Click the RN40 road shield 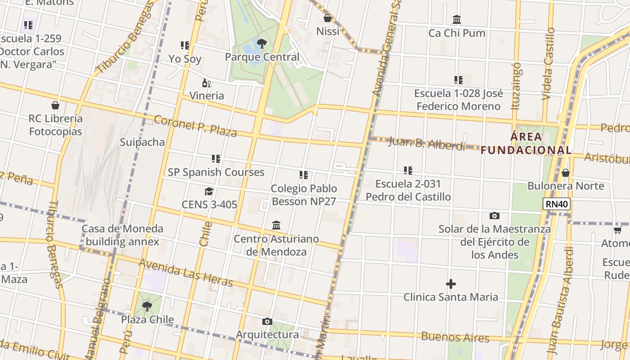[557, 204]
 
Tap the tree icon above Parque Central [261, 44]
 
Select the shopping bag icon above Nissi [328, 18]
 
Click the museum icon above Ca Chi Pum [457, 19]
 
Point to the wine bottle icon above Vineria [207, 83]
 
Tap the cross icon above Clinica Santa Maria [450, 284]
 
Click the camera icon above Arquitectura [267, 321]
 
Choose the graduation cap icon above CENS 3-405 [209, 192]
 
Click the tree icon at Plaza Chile [147, 306]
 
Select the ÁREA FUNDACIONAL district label [526, 143]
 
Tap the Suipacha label [142, 142]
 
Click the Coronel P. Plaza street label [195, 126]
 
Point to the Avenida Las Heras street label [185, 272]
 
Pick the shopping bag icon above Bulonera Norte [566, 173]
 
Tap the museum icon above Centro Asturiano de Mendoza [276, 225]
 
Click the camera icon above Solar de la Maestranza [494, 216]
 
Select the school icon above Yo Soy [184, 45]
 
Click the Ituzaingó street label [517, 86]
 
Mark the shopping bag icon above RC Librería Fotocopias [55, 105]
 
